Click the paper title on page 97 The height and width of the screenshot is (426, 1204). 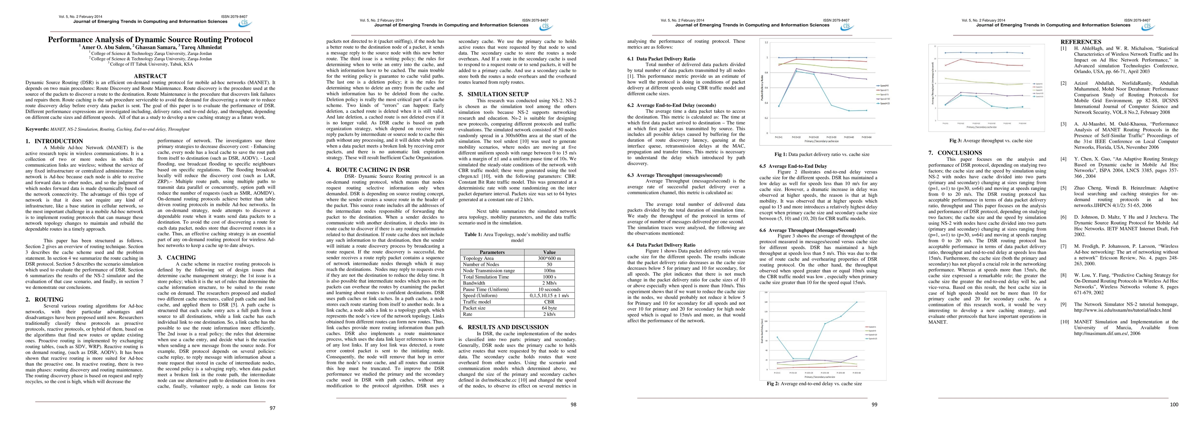tap(150, 40)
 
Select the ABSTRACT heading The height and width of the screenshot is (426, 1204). tap(150, 76)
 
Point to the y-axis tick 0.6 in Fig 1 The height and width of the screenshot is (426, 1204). tap(766, 88)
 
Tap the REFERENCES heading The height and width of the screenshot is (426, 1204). tap(1080, 42)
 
